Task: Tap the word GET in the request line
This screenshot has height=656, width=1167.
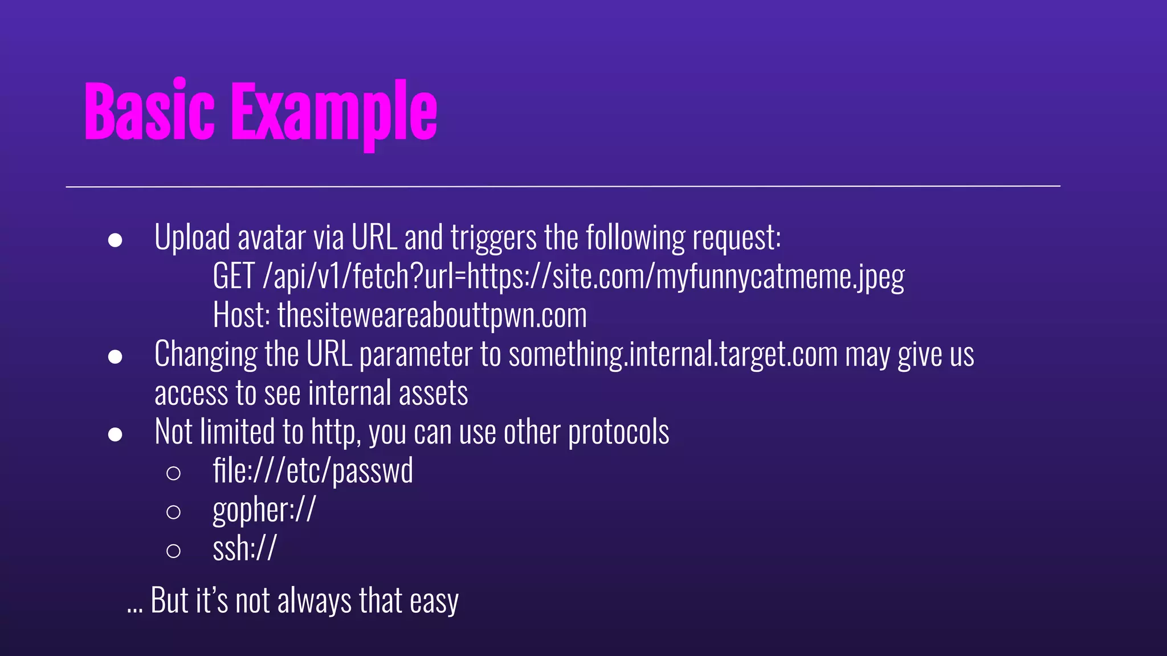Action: [234, 276]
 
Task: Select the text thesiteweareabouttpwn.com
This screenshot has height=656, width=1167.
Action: [432, 315]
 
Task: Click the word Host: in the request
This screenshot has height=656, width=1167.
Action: [241, 315]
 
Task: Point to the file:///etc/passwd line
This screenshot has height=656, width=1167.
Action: [313, 471]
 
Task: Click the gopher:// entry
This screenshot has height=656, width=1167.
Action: [264, 510]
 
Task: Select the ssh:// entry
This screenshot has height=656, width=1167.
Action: [244, 549]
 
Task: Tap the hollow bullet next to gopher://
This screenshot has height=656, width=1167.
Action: [173, 512]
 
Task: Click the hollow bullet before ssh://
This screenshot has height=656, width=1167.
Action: [173, 551]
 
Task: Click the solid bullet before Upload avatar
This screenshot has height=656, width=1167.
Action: [115, 240]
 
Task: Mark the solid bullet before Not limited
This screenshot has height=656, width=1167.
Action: [115, 434]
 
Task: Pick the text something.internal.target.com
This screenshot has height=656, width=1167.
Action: [673, 354]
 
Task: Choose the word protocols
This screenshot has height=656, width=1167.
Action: [618, 433]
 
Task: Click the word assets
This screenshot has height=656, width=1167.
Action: [433, 393]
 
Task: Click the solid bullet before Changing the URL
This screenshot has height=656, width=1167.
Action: [115, 357]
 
